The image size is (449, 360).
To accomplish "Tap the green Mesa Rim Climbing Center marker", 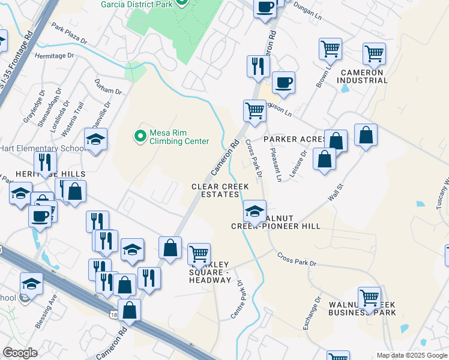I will [x=140, y=136].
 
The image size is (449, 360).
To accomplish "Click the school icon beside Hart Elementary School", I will [x=95, y=140].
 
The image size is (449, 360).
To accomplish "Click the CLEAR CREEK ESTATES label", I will [x=220, y=191].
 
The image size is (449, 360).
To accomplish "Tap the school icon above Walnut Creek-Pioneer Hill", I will [x=255, y=212].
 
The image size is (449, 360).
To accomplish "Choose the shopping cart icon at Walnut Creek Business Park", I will [x=369, y=298].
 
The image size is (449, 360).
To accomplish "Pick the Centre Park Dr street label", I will [x=236, y=299].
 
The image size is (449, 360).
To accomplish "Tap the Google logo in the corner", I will [x=20, y=353].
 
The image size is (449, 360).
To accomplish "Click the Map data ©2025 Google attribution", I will [x=411, y=355].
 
